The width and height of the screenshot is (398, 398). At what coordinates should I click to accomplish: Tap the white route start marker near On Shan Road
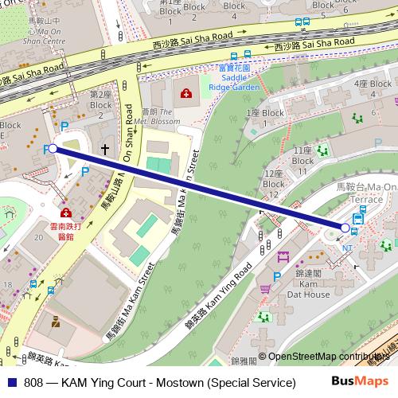(x=53, y=148)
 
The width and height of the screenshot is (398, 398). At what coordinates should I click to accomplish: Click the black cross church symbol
(x=104, y=148)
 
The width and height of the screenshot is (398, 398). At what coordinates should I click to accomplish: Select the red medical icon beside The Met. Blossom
(x=186, y=94)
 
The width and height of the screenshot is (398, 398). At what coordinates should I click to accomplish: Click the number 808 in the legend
(x=33, y=382)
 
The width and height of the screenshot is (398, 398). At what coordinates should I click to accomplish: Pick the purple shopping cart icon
(x=283, y=257)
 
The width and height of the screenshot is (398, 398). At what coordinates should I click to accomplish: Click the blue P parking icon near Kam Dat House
(x=276, y=276)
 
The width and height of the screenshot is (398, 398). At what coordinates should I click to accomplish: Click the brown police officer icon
(x=55, y=323)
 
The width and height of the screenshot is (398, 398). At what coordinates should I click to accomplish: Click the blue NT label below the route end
(x=347, y=247)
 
